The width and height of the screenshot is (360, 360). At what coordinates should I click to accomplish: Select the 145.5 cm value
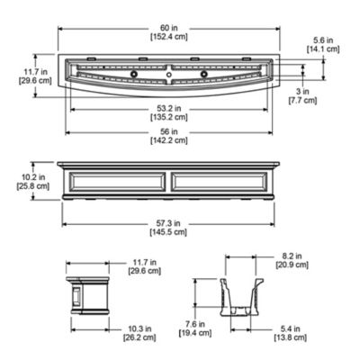click(x=168, y=232)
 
